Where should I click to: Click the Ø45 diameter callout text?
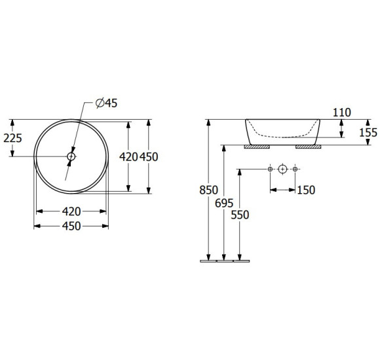point(106,103)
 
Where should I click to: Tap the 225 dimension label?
point(12,138)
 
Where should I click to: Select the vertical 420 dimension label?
point(128,157)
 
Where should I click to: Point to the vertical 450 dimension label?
point(149,157)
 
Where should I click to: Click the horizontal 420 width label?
point(71,211)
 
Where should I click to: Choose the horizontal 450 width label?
point(71,226)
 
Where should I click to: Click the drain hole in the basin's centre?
point(71,156)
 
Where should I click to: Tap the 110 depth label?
point(342,113)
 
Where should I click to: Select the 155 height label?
point(368,133)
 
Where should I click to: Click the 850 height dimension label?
point(208,190)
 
